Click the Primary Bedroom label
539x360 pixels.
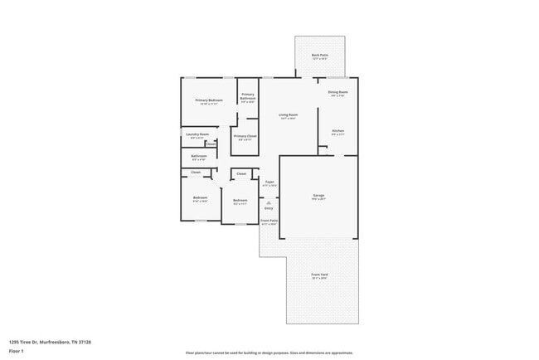[x=209, y=100]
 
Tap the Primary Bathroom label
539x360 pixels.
[x=248, y=96]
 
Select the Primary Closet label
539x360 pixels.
[x=245, y=136]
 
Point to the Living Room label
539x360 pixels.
[x=288, y=114]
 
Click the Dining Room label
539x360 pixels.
[x=337, y=92]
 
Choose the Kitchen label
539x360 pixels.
[x=337, y=131]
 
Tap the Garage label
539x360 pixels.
[x=318, y=196]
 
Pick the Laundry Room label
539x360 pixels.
[x=197, y=134]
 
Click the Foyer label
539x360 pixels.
[x=269, y=182]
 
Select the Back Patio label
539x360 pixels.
[x=320, y=56]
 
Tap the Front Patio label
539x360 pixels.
[x=269, y=221]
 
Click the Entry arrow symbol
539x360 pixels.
[x=269, y=202]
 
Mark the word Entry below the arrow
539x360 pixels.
[x=269, y=208]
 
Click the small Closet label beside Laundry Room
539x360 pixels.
[x=211, y=144]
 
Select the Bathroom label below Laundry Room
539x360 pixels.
[x=198, y=156]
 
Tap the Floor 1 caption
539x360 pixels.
[x=17, y=351]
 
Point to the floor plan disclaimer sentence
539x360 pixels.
[x=269, y=352]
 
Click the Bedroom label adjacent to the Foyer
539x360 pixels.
[x=240, y=201]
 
